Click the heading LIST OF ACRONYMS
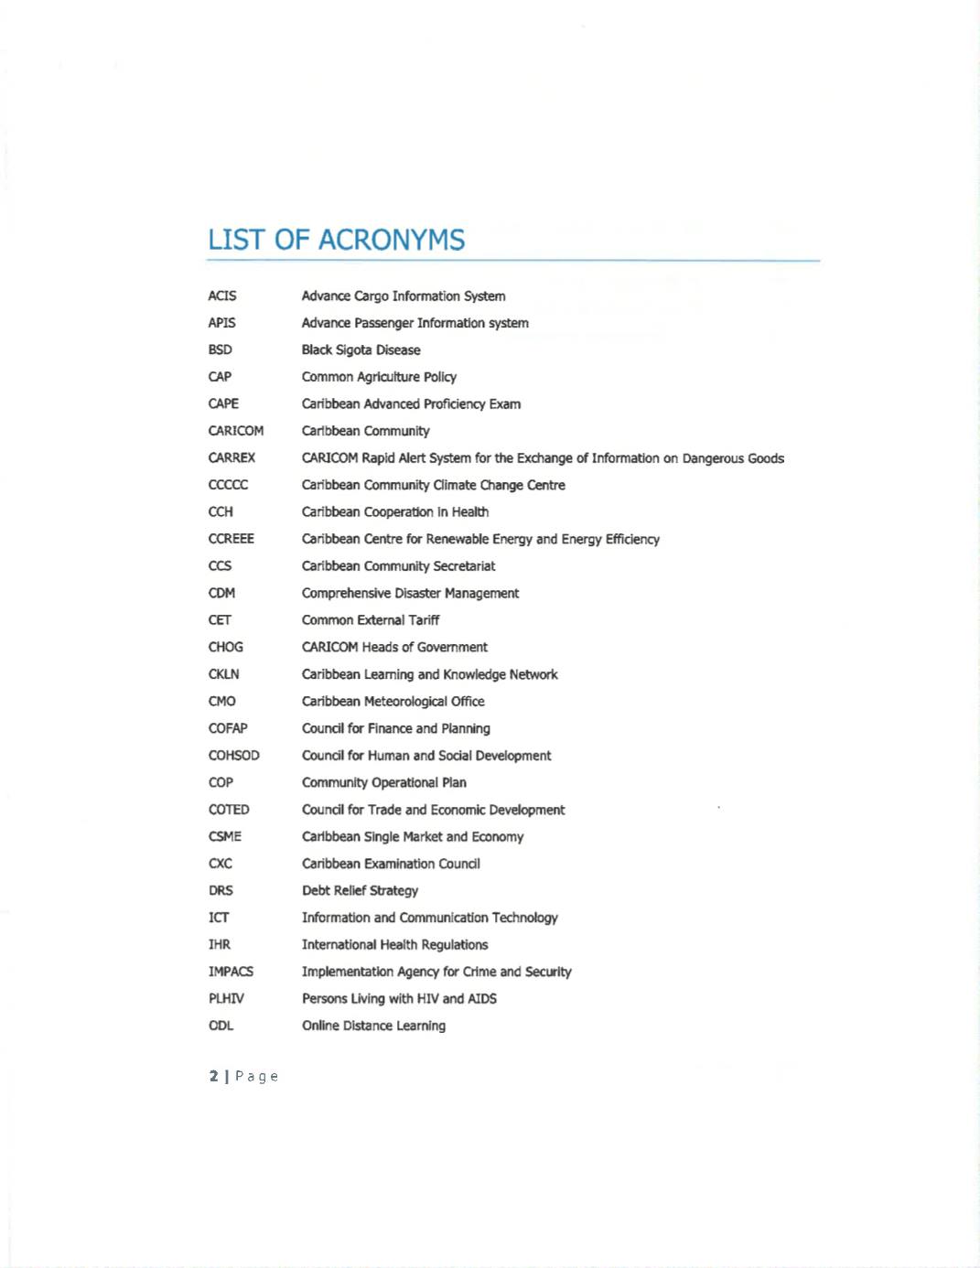[336, 240]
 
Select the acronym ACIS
[221, 296]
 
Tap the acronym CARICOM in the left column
[235, 431]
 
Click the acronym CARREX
[232, 457]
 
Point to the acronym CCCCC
[228, 485]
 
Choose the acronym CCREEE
[231, 539]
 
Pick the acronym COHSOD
[233, 756]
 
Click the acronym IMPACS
[231, 972]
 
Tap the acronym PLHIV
[226, 998]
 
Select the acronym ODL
[221, 1026]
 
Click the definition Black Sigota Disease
[361, 349]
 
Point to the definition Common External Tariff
[370, 620]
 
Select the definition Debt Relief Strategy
[360, 890]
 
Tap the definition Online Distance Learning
[373, 1026]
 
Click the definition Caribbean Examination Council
[391, 864]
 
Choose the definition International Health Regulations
[394, 944]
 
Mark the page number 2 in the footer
[213, 1076]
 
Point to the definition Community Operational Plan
[383, 782]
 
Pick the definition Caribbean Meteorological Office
[393, 702]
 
